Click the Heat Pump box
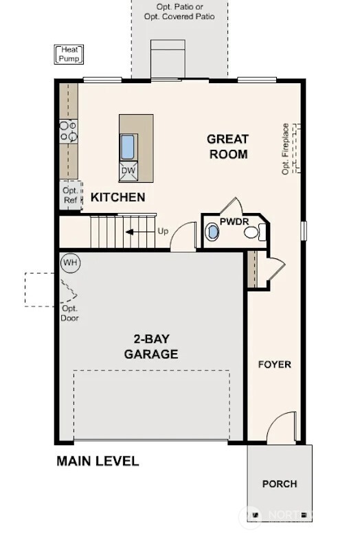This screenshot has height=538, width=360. [69, 54]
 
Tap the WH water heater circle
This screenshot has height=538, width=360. [69, 262]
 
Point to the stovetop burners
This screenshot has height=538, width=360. [68, 131]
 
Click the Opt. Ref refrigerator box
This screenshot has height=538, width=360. [69, 195]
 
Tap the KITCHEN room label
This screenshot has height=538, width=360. [118, 198]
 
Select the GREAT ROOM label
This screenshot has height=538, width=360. [227, 146]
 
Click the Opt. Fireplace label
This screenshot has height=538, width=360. [286, 149]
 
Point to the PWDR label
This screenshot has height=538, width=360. [234, 221]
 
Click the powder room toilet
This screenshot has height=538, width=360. [251, 233]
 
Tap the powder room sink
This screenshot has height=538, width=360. [213, 232]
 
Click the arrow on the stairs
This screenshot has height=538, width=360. [138, 232]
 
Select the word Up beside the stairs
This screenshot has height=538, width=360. [163, 231]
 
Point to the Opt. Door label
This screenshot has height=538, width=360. [69, 314]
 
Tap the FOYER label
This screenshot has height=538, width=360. [274, 364]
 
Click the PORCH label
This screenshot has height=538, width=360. [280, 484]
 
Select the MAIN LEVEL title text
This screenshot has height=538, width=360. [98, 461]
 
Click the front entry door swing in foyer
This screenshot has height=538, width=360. [282, 429]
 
